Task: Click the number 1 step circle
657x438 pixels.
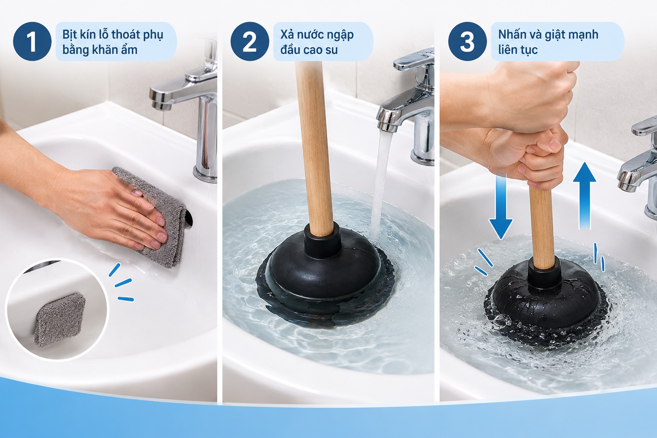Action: (32, 41)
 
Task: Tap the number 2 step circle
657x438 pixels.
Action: (250, 41)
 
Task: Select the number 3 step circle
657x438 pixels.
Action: (467, 41)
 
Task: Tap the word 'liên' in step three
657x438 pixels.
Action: (507, 50)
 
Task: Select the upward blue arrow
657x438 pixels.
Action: (584, 195)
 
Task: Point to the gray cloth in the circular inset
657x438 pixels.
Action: (60, 320)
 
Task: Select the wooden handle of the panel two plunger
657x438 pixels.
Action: (314, 147)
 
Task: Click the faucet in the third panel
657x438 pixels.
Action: (639, 167)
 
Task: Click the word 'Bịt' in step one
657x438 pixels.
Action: (70, 35)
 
